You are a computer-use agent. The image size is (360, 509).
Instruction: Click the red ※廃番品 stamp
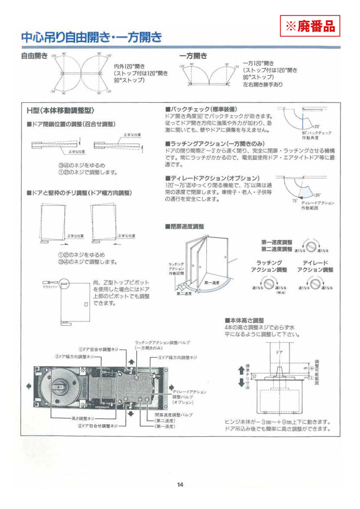pos(310,26)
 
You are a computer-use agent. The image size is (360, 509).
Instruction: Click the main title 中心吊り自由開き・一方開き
pos(92,38)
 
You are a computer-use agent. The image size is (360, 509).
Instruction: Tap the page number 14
pos(180,485)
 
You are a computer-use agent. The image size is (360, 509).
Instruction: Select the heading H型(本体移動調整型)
pos(60,111)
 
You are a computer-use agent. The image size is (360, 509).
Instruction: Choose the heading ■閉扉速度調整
pos(185,227)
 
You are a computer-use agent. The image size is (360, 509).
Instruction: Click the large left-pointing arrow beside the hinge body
pos(28,386)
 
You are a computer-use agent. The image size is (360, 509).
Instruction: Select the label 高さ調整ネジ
pos(83,418)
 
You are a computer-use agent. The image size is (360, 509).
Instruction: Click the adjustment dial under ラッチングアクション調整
pos(268,282)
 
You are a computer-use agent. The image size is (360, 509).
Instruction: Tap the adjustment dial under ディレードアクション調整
pos(315,282)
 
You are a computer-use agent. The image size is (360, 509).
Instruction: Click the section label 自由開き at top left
pos(34,56)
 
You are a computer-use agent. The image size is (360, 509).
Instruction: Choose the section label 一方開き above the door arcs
pos(194,56)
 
